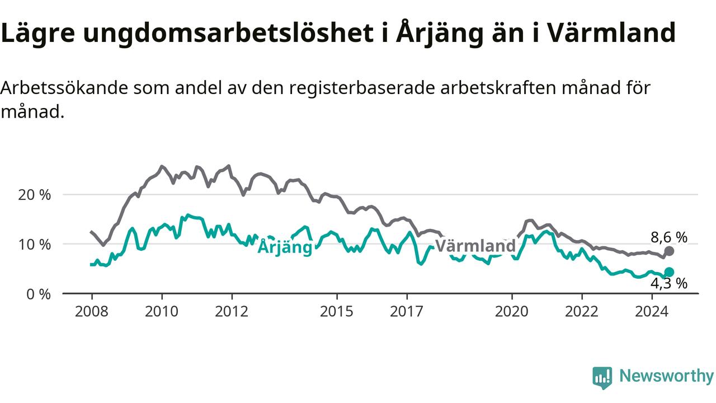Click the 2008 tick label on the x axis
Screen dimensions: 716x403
click(x=91, y=312)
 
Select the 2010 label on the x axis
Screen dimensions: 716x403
click(x=162, y=312)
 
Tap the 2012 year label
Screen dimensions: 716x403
click(x=232, y=312)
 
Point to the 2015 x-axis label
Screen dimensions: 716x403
click(x=337, y=312)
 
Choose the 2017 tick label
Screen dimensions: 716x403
click(x=407, y=312)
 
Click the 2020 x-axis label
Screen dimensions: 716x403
click(x=512, y=312)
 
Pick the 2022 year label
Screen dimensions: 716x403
click(x=582, y=312)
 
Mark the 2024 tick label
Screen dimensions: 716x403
click(x=652, y=312)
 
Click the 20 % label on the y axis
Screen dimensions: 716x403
click(x=35, y=195)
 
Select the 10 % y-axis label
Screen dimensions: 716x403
click(x=35, y=245)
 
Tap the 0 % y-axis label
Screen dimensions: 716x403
click(x=39, y=294)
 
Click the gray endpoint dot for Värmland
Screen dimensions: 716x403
click(x=669, y=251)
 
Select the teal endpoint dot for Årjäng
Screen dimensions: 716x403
click(x=669, y=272)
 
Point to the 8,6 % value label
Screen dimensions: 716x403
click(x=669, y=237)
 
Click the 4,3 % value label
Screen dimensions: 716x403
click(x=669, y=283)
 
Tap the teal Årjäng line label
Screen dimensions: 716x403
click(x=285, y=247)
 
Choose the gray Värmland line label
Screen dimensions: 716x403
click(x=475, y=246)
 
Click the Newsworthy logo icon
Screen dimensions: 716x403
click(x=602, y=378)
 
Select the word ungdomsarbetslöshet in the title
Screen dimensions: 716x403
click(x=228, y=33)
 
